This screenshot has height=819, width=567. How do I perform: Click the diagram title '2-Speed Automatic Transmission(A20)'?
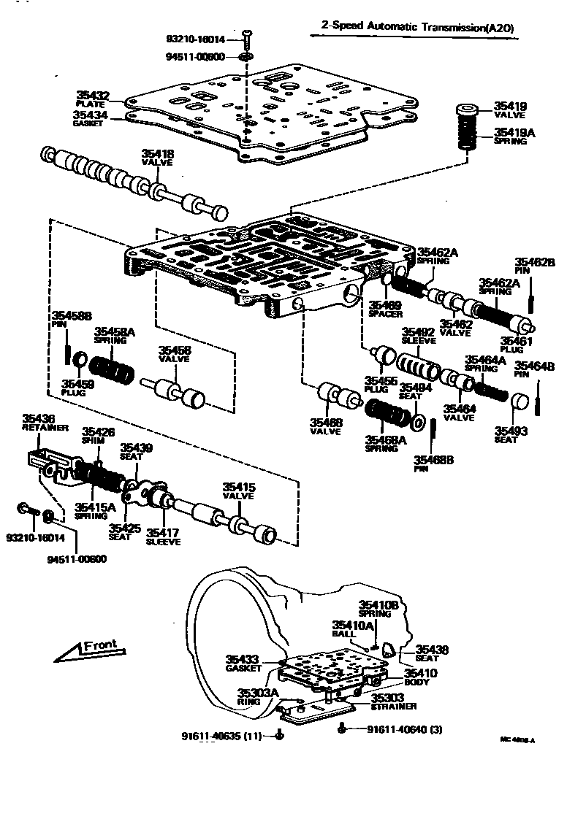pos(419,27)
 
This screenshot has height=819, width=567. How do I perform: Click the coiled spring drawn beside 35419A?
pos(468,133)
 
